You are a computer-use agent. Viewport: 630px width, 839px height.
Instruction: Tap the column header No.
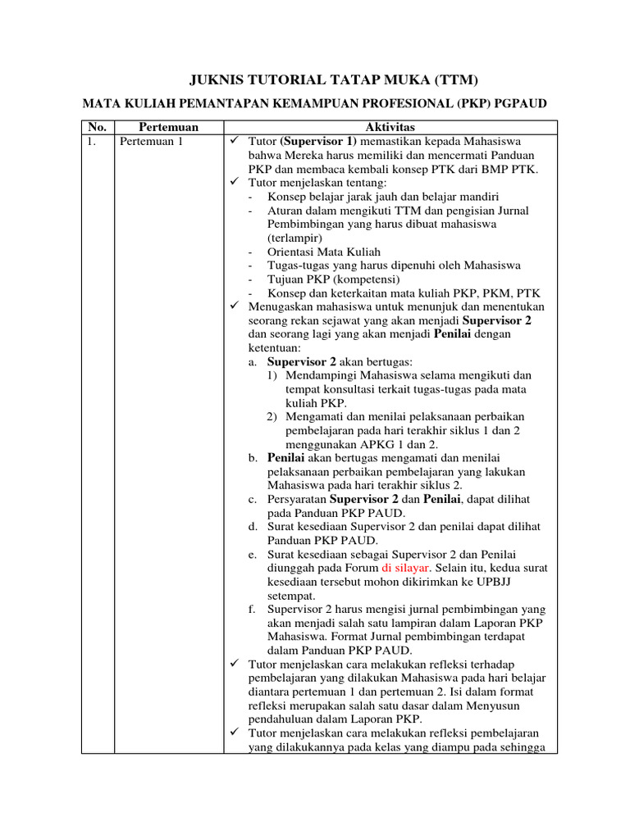pos(97,127)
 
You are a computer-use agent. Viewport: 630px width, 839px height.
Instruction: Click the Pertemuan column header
pos(168,127)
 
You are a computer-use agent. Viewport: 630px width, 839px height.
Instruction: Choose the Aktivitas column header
pos(390,127)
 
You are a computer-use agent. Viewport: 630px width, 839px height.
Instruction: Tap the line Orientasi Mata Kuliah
pos(324,252)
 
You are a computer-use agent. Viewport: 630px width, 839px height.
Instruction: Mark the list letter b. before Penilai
pos(253,457)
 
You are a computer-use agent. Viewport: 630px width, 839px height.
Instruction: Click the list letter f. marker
pos(252,609)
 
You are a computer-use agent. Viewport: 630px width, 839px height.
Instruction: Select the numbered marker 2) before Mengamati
pos(275,416)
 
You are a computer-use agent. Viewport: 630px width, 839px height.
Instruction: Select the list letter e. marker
pos(253,555)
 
